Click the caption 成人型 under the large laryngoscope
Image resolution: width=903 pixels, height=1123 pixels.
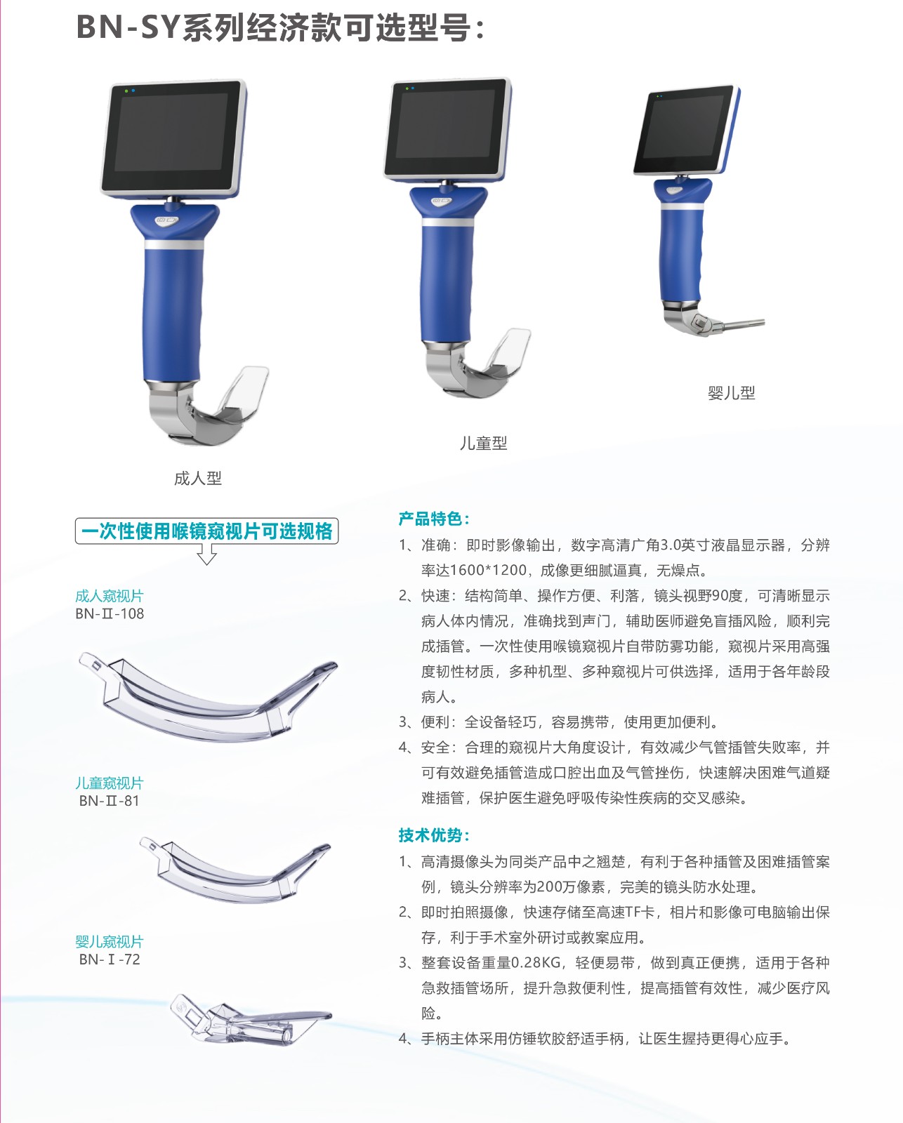click(198, 478)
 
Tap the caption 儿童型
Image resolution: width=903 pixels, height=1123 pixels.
click(484, 443)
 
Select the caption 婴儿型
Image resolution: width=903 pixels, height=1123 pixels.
click(731, 393)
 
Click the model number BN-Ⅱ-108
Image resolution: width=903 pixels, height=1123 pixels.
click(110, 613)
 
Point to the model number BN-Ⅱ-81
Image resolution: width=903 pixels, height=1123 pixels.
click(109, 801)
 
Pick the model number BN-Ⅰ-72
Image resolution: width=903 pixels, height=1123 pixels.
click(110, 959)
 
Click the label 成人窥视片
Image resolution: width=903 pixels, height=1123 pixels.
click(109, 596)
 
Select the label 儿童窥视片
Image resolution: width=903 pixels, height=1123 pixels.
click(109, 783)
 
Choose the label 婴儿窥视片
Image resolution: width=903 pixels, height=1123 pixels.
click(109, 941)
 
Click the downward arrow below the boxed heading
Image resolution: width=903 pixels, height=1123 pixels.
click(207, 554)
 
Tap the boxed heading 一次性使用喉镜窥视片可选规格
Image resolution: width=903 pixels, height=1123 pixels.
click(207, 531)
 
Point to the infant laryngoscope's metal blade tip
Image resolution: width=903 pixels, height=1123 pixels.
click(763, 322)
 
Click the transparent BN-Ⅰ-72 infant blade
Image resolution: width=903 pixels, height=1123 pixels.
click(250, 1021)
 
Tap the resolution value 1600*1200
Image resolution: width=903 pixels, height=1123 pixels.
click(488, 571)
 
